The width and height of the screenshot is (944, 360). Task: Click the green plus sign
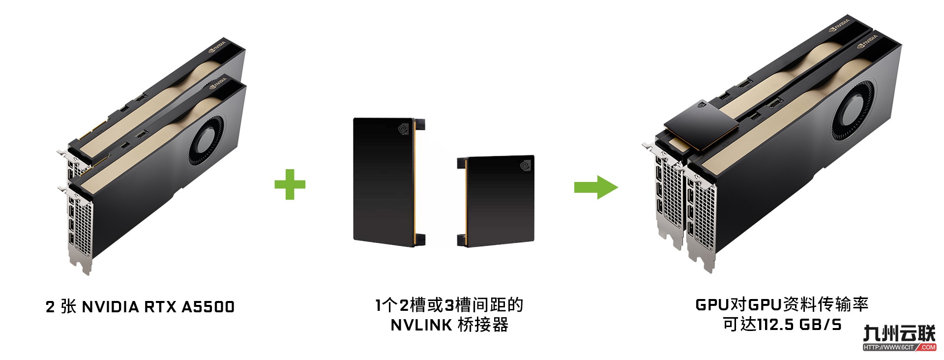coord(290,184)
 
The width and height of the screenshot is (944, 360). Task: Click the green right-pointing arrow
coord(596,187)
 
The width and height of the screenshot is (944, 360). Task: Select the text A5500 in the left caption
coord(208,307)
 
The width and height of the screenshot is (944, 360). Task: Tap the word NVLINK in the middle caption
coord(421,325)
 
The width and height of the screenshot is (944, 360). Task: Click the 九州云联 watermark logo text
coord(899,333)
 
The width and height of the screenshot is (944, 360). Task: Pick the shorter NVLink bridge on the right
coord(496,201)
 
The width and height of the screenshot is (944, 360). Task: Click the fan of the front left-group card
coord(206,143)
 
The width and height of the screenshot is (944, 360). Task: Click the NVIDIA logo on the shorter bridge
coord(526,165)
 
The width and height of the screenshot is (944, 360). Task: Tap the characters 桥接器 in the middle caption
coord(483,325)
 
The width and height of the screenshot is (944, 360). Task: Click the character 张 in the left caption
coord(68,306)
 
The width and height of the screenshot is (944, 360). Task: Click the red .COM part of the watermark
coord(927,347)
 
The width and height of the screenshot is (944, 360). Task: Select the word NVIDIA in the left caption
coord(110,307)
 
